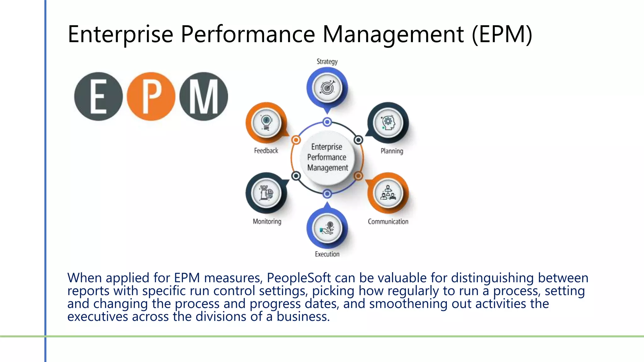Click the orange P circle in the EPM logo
pyautogui.click(x=151, y=96)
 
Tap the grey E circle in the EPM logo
pyautogui.click(x=98, y=96)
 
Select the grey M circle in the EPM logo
pyautogui.click(x=203, y=96)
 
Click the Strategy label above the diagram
pyautogui.click(x=327, y=62)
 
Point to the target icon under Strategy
pyautogui.click(x=327, y=88)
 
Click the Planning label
pyautogui.click(x=392, y=151)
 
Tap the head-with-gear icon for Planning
pyautogui.click(x=388, y=123)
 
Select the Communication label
pyautogui.click(x=388, y=222)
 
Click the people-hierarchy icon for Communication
pyautogui.click(x=388, y=193)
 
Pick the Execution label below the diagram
pyautogui.click(x=327, y=254)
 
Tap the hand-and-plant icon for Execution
pyautogui.click(x=327, y=228)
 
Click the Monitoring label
pyautogui.click(x=267, y=222)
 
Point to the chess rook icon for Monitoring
pyautogui.click(x=266, y=193)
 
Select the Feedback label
pyautogui.click(x=266, y=151)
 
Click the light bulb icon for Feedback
pyautogui.click(x=266, y=123)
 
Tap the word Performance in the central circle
pyautogui.click(x=327, y=157)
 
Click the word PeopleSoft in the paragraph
pyautogui.click(x=299, y=278)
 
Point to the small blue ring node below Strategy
pyautogui.click(x=327, y=122)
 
